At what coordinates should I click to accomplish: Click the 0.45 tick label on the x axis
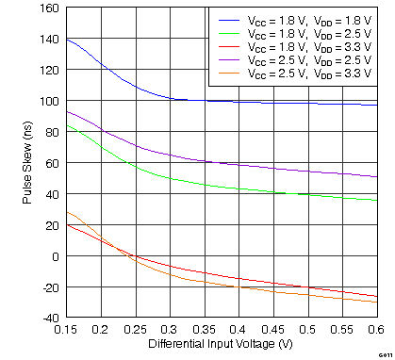coord(272,329)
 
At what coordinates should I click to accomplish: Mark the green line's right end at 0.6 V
coord(376,200)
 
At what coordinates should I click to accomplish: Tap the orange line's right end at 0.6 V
coord(376,302)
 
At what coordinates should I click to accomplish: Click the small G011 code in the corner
coord(385,354)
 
